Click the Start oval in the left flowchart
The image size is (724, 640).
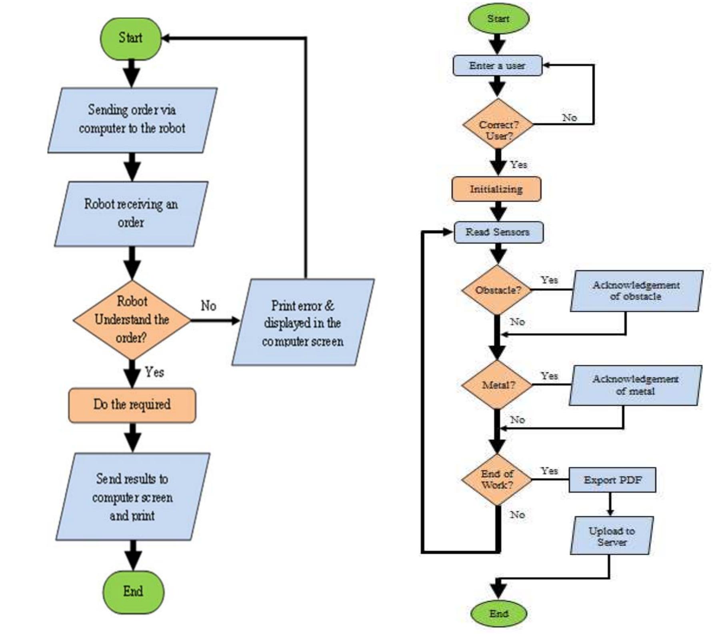131,38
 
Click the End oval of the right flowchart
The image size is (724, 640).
498,613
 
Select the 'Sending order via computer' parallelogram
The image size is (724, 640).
132,120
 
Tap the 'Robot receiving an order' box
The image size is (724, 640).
131,214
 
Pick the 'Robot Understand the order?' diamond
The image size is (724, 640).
132,320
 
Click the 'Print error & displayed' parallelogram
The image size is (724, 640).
303,323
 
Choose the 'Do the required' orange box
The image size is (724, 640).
132,405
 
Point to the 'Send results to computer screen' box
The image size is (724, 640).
132,497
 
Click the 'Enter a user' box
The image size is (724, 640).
497,66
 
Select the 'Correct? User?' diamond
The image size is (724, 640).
498,125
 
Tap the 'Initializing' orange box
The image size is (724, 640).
496,189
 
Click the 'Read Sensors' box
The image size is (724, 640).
498,232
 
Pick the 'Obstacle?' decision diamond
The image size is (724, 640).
497,290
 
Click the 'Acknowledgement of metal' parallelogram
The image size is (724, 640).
635,385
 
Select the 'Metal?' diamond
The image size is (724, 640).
497,385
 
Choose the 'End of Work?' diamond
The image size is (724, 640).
497,479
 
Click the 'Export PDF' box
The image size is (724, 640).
612,480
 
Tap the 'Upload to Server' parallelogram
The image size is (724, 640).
612,536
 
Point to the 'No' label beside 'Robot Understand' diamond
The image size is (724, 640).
208,306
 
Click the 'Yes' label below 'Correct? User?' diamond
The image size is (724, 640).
518,164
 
